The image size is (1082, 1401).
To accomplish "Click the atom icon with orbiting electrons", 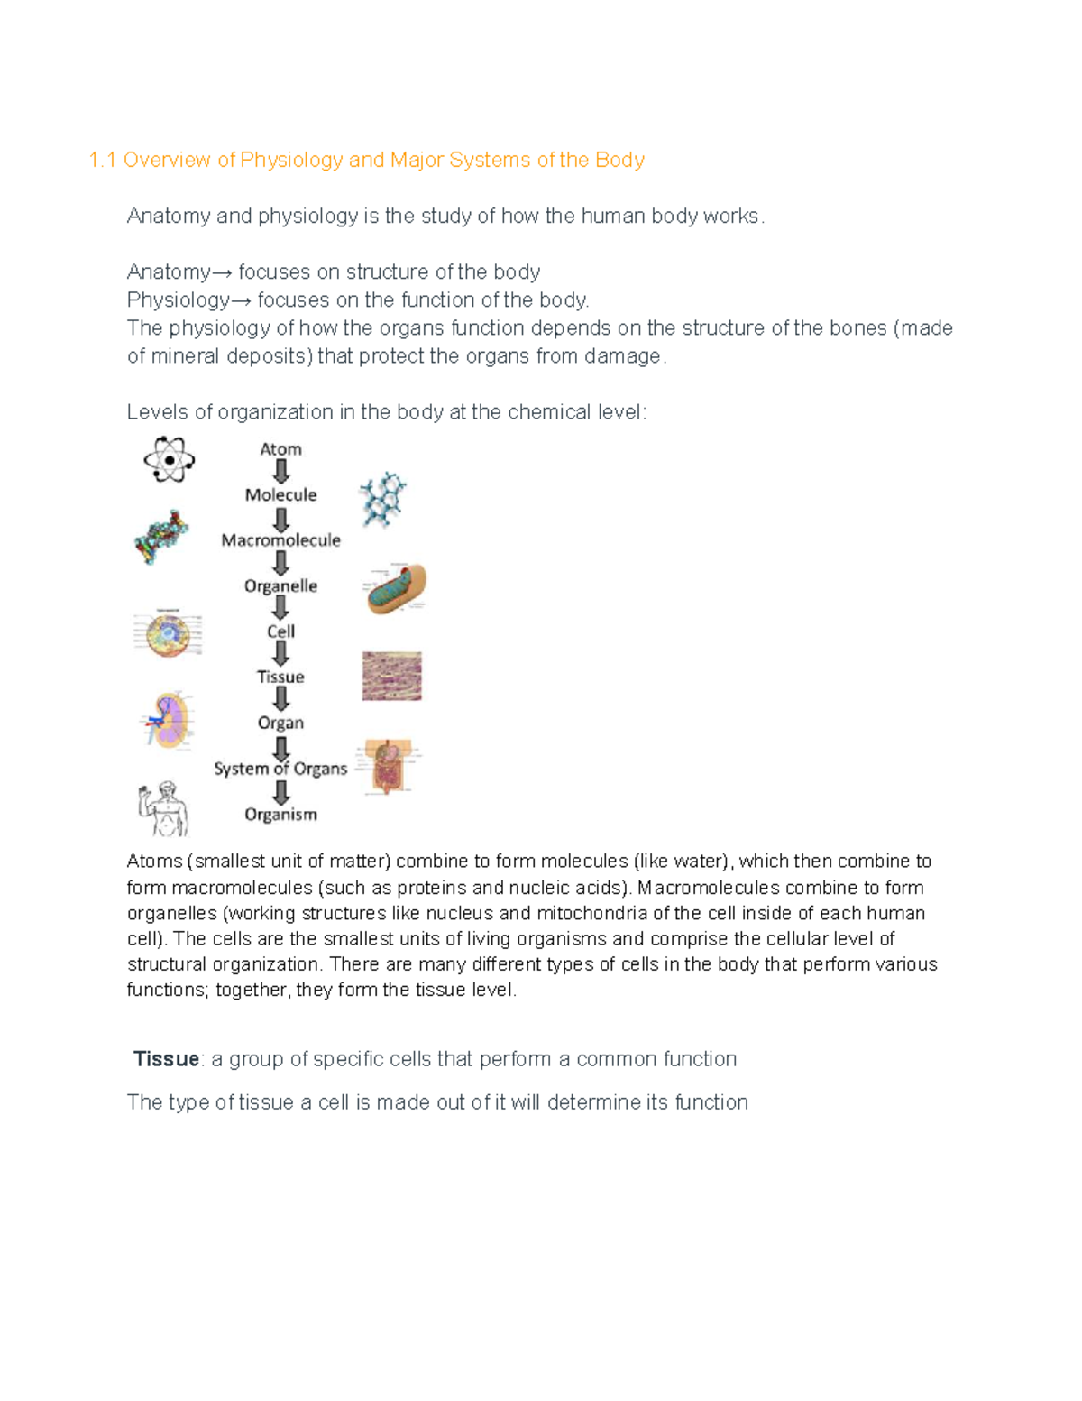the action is click(x=169, y=460).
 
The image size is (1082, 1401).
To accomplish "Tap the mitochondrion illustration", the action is click(x=396, y=589).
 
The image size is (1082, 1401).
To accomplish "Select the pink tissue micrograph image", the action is click(x=392, y=677).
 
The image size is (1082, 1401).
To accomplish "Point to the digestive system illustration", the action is click(x=388, y=767).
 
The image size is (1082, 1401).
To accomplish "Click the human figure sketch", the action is click(x=163, y=809).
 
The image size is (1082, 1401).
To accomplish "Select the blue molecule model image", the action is click(x=383, y=500).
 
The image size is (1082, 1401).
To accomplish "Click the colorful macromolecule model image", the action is click(x=161, y=538).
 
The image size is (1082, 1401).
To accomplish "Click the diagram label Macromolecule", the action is click(x=280, y=540).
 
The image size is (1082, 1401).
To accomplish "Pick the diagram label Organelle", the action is click(x=280, y=586).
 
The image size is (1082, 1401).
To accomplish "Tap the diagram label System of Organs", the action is click(x=280, y=769).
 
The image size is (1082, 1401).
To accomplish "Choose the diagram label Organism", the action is click(x=280, y=815).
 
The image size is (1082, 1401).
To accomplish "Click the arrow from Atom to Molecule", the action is click(x=281, y=471).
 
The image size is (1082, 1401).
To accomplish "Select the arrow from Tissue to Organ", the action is click(x=281, y=699).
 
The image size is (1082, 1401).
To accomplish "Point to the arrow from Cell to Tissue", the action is click(x=281, y=653).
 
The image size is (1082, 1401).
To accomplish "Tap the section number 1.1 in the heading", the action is click(x=103, y=160).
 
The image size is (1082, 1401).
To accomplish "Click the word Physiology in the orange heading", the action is click(x=291, y=160).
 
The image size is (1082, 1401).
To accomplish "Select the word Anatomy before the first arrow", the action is click(x=169, y=272).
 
